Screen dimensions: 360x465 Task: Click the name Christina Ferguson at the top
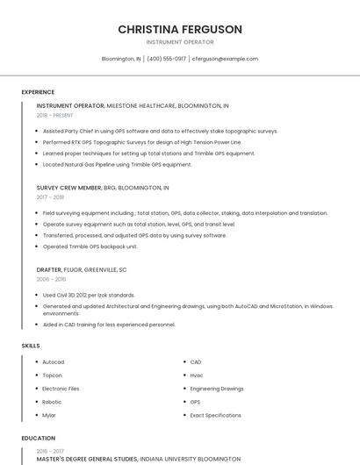(180, 29)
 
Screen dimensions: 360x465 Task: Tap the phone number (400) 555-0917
(167, 59)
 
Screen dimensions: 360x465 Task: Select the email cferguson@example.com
(226, 59)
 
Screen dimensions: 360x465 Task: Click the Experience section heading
(38, 92)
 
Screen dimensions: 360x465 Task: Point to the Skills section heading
(31, 346)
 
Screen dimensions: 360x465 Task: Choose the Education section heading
(39, 438)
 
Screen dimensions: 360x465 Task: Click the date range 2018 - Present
(55, 115)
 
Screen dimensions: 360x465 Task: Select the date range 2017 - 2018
(50, 197)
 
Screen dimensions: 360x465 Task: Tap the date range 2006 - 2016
(51, 279)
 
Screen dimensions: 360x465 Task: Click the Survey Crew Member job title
(68, 188)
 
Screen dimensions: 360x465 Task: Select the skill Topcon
(53, 375)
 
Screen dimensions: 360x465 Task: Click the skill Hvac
(197, 375)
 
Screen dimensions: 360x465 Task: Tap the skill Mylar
(49, 415)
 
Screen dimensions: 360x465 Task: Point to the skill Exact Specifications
(216, 415)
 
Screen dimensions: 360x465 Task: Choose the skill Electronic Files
(61, 388)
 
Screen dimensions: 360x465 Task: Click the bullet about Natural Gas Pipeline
(117, 164)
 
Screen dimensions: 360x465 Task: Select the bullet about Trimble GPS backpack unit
(90, 247)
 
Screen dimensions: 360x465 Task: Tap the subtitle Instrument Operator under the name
(180, 41)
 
